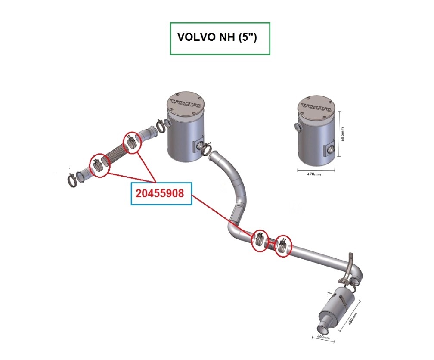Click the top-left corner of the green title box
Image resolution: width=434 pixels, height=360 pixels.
pos(170,23)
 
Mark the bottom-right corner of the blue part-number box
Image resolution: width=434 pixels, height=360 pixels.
pos(192,205)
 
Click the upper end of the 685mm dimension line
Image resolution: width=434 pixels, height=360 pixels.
pos(339,112)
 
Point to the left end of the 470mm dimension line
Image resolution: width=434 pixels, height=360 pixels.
pos(298,170)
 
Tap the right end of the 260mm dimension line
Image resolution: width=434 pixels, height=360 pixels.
pos(334,342)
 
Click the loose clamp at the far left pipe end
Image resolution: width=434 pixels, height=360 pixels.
pos(72,181)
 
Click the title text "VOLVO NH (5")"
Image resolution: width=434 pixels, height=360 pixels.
pos(217,37)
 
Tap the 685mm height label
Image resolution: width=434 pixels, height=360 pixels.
pos(343,134)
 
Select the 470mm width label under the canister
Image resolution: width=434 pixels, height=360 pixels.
pos(314,174)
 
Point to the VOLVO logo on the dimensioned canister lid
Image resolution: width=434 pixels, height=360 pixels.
pos(316,107)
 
